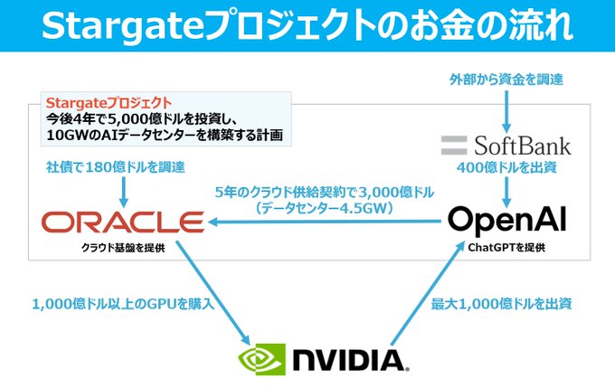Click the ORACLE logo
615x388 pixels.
tap(123, 221)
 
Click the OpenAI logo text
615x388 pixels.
tap(508, 220)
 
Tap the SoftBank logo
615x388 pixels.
tap(506, 145)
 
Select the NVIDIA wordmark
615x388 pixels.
tap(347, 360)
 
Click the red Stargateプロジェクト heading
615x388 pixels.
tap(99, 102)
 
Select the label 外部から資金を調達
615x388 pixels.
tap(506, 80)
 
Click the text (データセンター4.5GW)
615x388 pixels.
tap(324, 207)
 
